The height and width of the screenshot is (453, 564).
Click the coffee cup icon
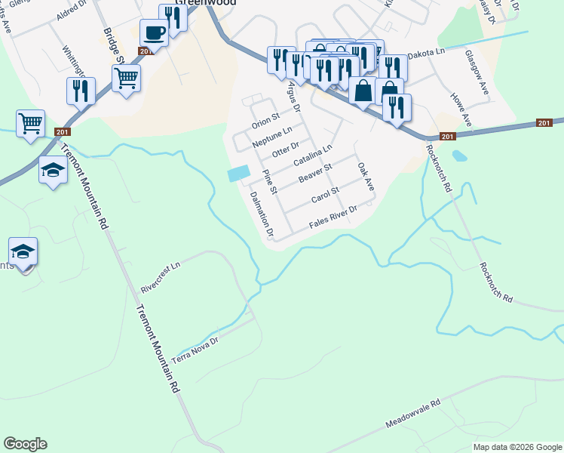point(154,33)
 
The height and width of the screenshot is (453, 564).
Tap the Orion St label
point(265,121)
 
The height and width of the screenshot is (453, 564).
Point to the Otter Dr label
point(286,149)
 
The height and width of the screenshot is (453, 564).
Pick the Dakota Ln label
point(427,55)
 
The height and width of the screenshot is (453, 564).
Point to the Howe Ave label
point(460,109)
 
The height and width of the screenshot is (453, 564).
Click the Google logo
point(25,444)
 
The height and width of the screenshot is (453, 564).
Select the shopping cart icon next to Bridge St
point(126,76)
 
